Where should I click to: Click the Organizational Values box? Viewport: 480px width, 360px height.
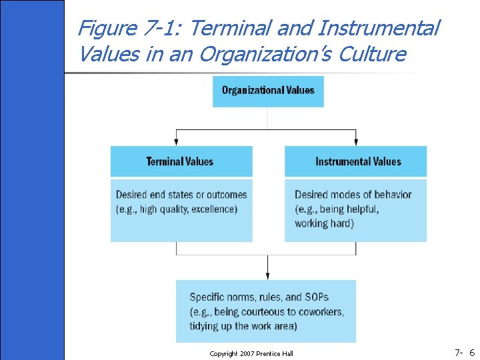pyautogui.click(x=268, y=91)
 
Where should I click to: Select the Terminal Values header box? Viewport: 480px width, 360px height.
pyautogui.click(x=181, y=161)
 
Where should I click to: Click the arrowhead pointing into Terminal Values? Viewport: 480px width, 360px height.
pyautogui.click(x=177, y=141)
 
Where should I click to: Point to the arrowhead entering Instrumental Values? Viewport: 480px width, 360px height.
pyautogui.click(x=356, y=141)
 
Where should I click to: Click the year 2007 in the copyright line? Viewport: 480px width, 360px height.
pyautogui.click(x=247, y=353)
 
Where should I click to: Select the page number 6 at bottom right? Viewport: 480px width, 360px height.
pyautogui.click(x=471, y=352)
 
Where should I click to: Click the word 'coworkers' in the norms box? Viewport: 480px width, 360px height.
pyautogui.click(x=320, y=312)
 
